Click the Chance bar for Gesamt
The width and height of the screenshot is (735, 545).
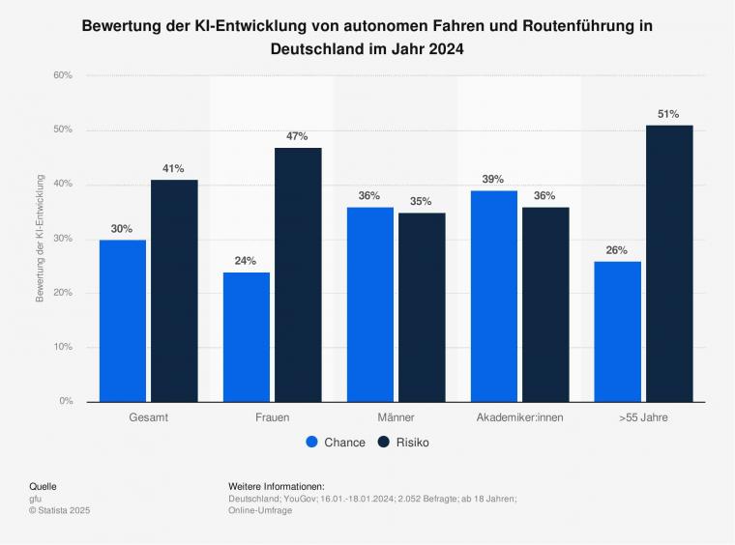point(123,320)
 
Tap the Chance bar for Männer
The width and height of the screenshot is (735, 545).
point(370,304)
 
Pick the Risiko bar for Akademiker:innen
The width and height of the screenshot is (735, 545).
point(544,304)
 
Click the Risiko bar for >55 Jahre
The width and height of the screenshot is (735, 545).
point(669,263)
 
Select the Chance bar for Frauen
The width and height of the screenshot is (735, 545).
point(247,336)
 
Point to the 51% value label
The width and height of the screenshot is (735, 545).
point(668,114)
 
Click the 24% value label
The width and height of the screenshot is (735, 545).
point(246,261)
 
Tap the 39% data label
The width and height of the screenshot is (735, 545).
point(493,180)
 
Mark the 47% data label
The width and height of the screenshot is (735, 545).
point(297,136)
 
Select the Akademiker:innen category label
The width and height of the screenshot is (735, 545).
point(520,417)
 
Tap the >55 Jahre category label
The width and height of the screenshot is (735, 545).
point(643,417)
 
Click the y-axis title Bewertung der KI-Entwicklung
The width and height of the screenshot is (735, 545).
point(41,239)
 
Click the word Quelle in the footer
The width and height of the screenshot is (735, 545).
point(44,485)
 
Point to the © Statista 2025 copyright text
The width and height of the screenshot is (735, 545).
point(59,510)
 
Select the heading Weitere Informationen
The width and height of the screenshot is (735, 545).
point(277,485)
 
